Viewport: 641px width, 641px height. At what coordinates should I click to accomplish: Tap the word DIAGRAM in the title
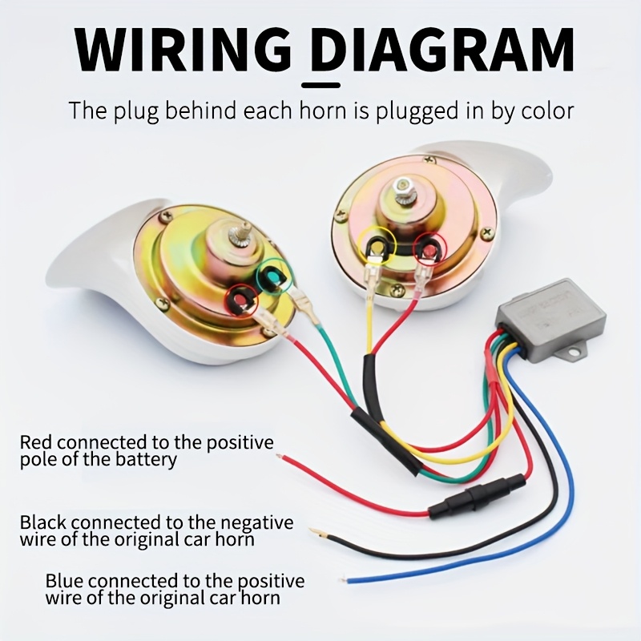(441, 49)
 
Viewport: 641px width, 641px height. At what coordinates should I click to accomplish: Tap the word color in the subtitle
(546, 110)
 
